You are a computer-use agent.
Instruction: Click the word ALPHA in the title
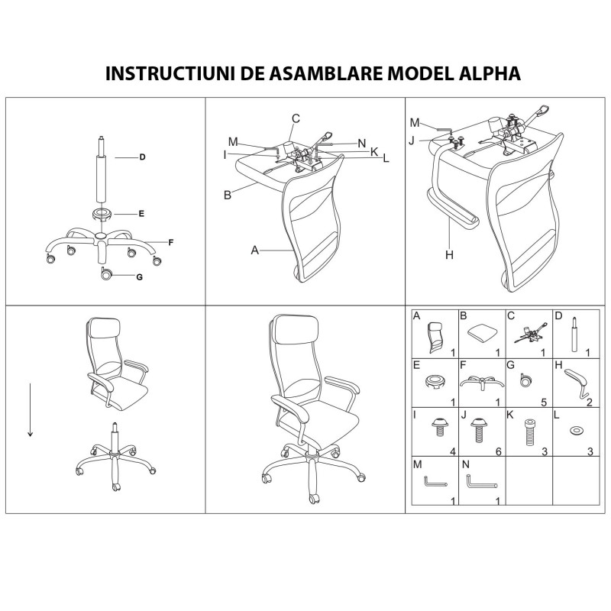[482, 73]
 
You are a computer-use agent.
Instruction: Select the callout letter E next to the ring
[141, 214]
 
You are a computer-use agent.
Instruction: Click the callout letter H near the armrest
[450, 255]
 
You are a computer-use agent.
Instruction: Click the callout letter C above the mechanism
[296, 118]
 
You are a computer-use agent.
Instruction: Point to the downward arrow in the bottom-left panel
[30, 409]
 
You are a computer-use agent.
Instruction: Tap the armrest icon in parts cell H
[574, 380]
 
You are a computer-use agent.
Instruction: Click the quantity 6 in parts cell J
[497, 452]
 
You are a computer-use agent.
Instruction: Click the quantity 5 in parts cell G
[545, 402]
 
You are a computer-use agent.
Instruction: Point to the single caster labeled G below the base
[106, 273]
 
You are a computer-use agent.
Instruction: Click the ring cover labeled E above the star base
[102, 214]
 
